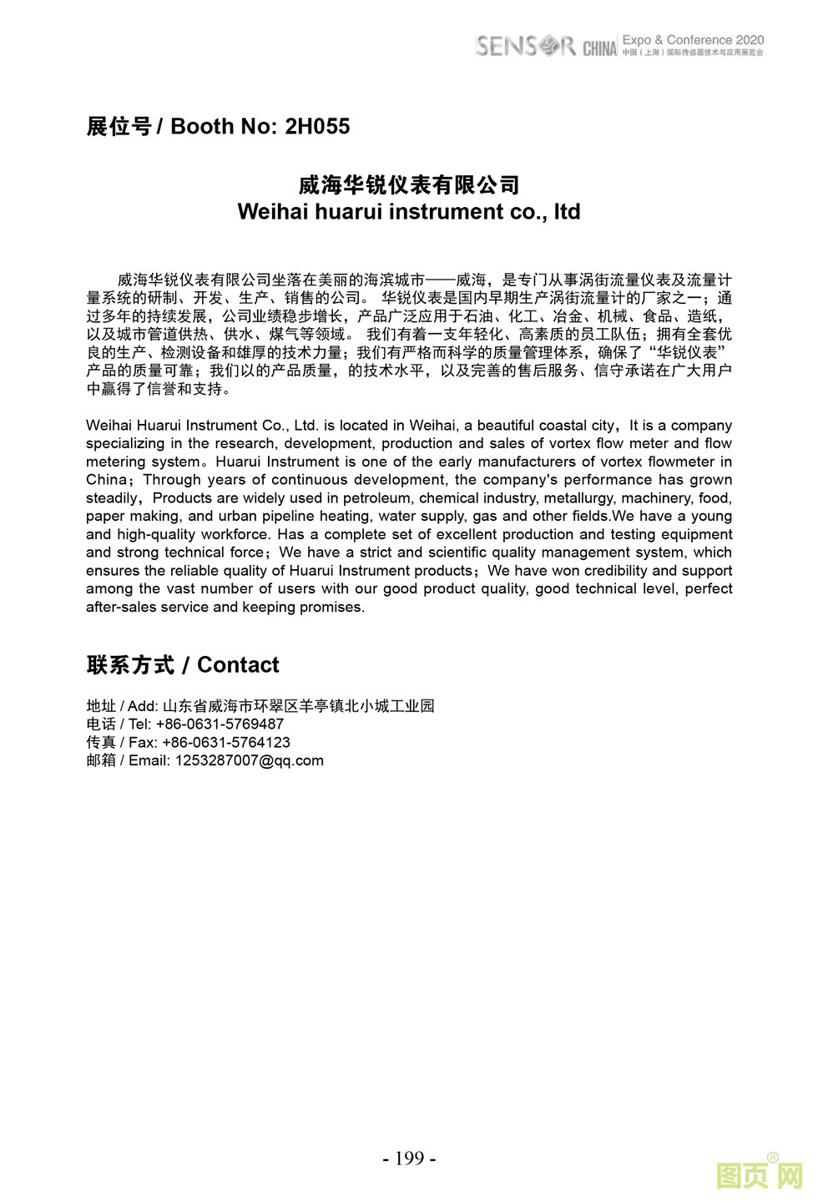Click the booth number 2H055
[x=317, y=127]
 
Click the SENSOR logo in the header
[x=525, y=46]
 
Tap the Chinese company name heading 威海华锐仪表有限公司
[x=409, y=184]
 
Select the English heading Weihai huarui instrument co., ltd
[x=409, y=212]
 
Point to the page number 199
[x=409, y=1158]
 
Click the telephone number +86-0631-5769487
[x=220, y=724]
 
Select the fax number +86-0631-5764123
[x=226, y=743]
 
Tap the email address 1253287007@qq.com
[x=249, y=761]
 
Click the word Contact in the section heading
[x=238, y=665]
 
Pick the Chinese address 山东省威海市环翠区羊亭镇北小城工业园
[x=299, y=706]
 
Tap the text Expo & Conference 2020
[x=693, y=40]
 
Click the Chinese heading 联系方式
[x=130, y=665]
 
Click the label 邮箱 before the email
[x=101, y=761]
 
